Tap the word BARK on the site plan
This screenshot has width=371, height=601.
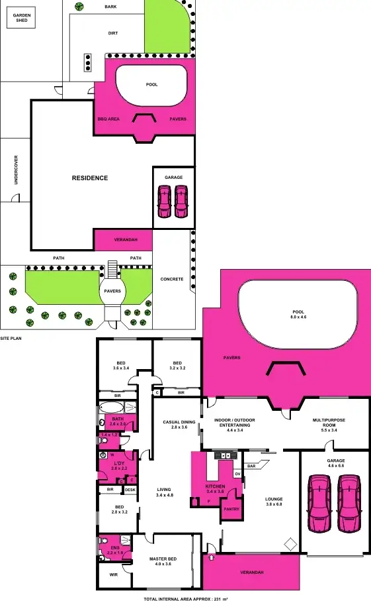point(111,7)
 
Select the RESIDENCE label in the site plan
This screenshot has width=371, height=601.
point(90,178)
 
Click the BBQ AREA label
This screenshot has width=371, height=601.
point(108,119)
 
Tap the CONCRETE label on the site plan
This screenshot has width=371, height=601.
point(172,279)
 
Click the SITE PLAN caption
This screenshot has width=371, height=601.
point(12,337)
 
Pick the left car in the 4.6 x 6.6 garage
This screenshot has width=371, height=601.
point(319,505)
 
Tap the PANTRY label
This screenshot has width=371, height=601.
point(231,509)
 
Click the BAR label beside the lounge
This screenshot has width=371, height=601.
point(251,466)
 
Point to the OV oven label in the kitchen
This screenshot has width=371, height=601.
point(237,474)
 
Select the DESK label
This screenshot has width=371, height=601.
point(130,490)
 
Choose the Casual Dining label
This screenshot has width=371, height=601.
point(179,425)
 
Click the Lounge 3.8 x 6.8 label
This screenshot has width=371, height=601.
point(274,502)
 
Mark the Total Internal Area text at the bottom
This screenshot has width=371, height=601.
point(186,598)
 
